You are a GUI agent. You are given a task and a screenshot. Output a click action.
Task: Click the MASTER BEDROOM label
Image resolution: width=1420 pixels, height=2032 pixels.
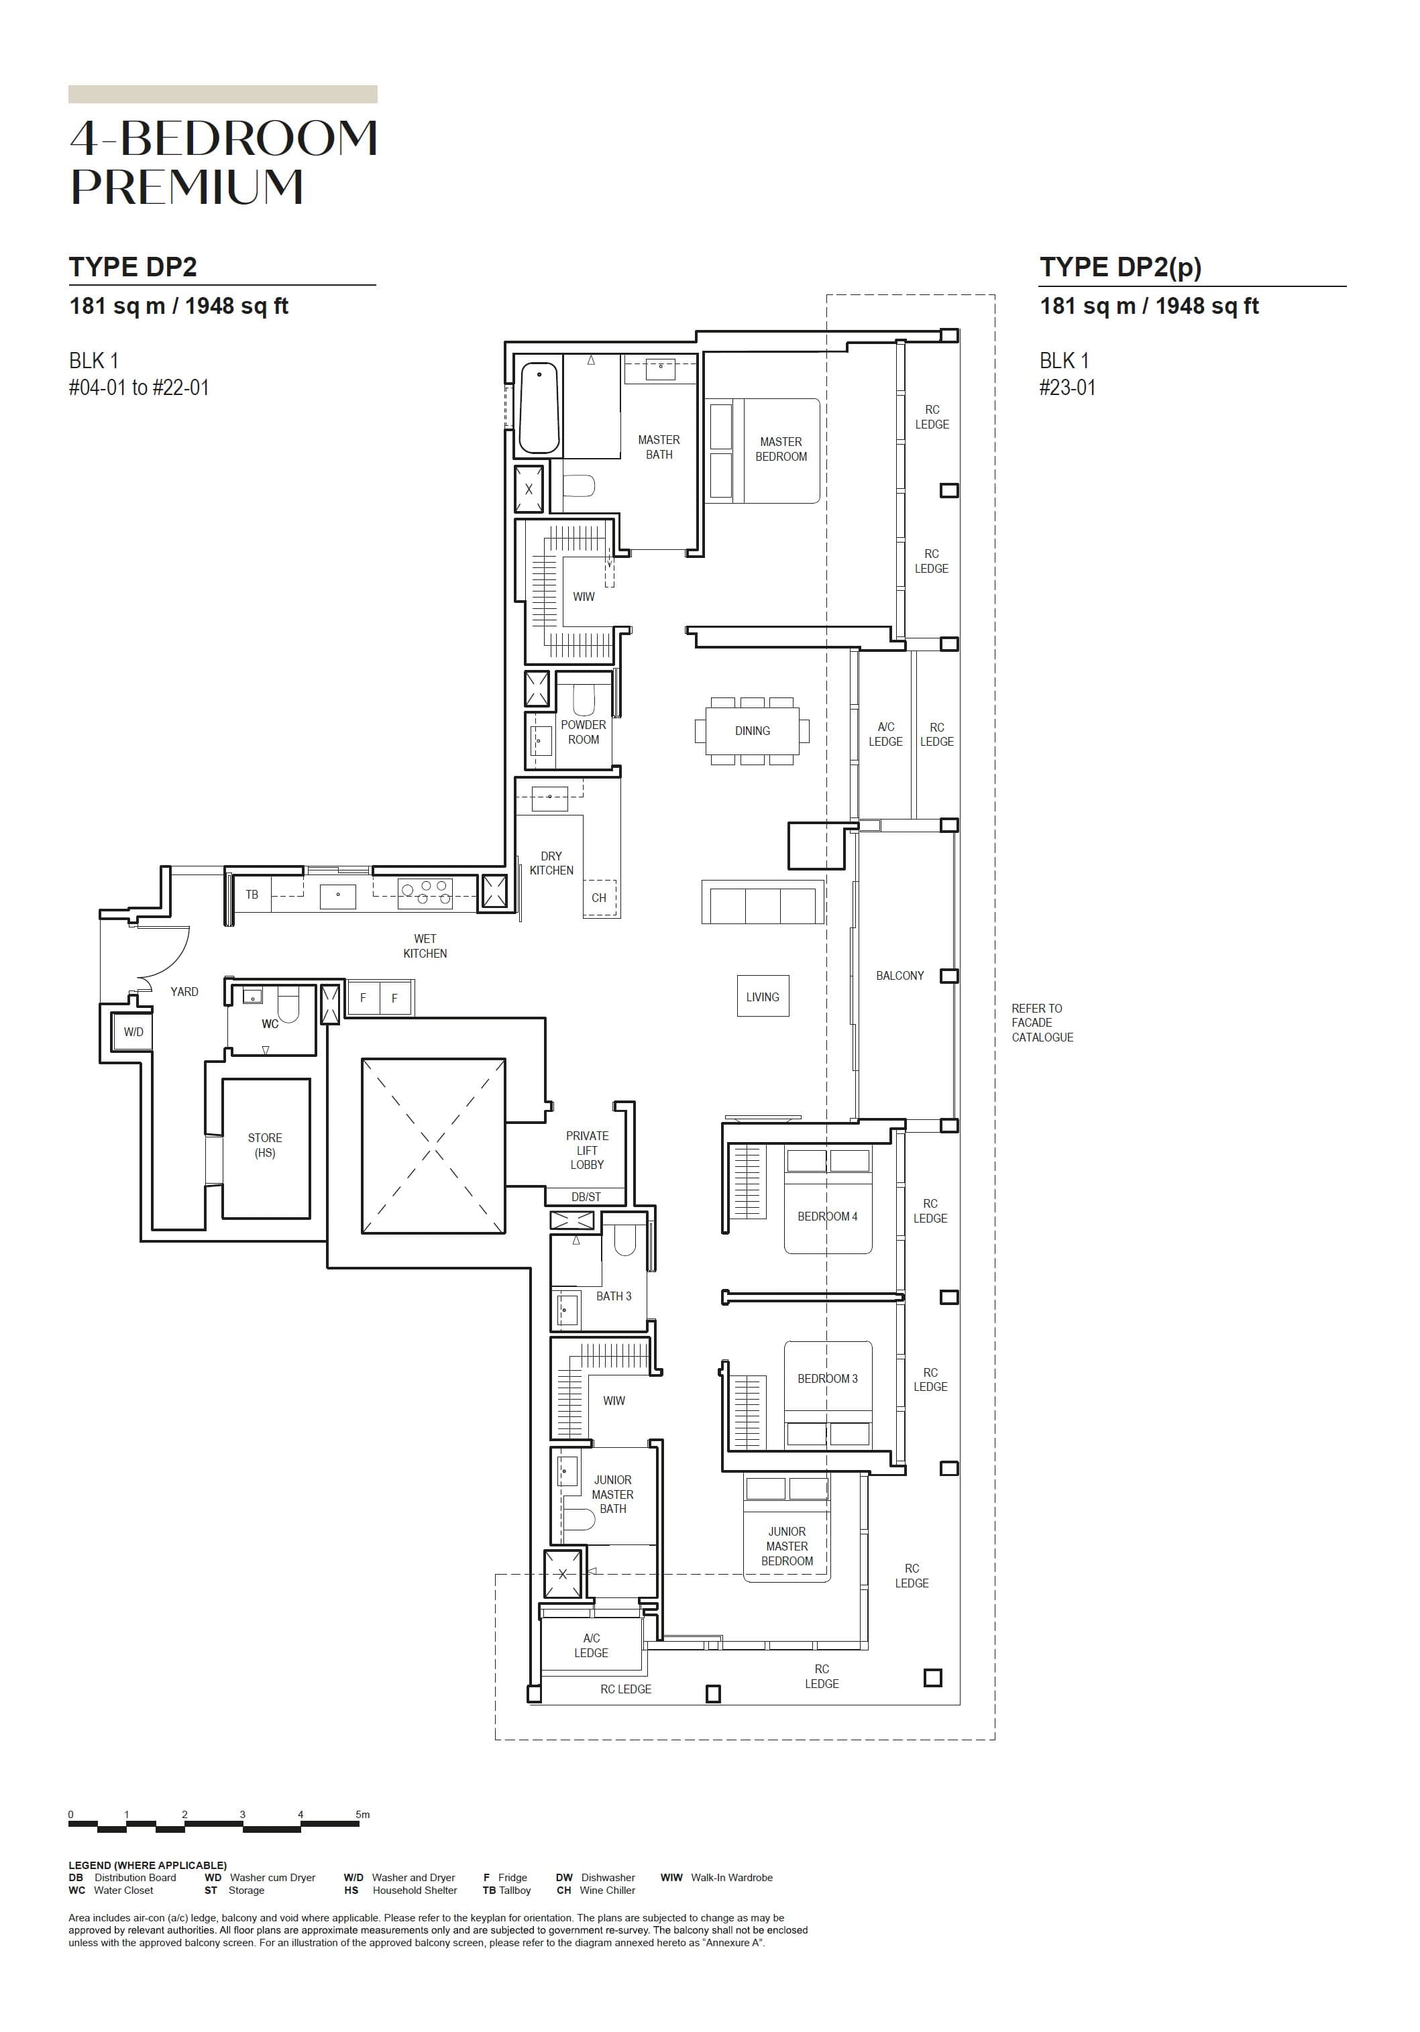coord(780,449)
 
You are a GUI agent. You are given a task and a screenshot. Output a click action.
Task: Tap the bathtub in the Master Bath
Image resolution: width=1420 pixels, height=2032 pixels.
coord(538,408)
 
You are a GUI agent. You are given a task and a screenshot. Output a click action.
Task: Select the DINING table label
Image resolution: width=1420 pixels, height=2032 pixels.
coord(752,731)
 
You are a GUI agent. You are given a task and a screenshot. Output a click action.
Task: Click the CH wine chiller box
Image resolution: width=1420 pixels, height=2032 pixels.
coord(600,897)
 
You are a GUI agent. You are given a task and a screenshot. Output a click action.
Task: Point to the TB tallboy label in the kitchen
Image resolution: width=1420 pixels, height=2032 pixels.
coord(252,895)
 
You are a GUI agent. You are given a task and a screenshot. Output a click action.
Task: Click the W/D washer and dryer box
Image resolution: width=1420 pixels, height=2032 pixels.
coord(133,1032)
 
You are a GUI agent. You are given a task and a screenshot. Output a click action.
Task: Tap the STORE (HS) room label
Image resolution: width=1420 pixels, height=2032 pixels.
coord(265,1145)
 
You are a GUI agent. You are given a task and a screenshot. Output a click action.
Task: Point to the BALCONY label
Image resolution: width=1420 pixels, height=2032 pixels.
coord(899,975)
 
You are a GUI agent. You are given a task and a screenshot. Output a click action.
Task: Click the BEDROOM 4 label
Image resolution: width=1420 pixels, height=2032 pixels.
coord(827,1216)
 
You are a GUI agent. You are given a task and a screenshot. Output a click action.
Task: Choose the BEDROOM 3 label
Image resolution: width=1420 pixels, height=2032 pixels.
coord(827,1378)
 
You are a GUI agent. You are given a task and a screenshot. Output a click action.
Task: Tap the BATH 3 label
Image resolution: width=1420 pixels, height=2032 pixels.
coord(614,1296)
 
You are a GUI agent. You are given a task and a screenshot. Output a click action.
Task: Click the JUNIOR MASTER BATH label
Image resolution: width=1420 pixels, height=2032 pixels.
coord(612,1494)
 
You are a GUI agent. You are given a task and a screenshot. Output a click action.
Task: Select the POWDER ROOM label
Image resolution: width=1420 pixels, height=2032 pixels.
coord(584,732)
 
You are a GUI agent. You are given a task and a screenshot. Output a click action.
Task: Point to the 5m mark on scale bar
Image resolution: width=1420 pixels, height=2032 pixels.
coord(362,1814)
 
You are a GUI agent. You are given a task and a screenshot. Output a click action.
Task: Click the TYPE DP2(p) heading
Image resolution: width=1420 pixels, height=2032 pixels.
coord(1120,268)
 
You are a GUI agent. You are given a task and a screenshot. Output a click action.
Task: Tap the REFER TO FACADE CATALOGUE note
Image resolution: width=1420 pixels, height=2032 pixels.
coord(1042,1022)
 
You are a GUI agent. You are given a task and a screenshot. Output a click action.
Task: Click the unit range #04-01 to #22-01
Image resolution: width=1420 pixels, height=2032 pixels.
coord(139,388)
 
